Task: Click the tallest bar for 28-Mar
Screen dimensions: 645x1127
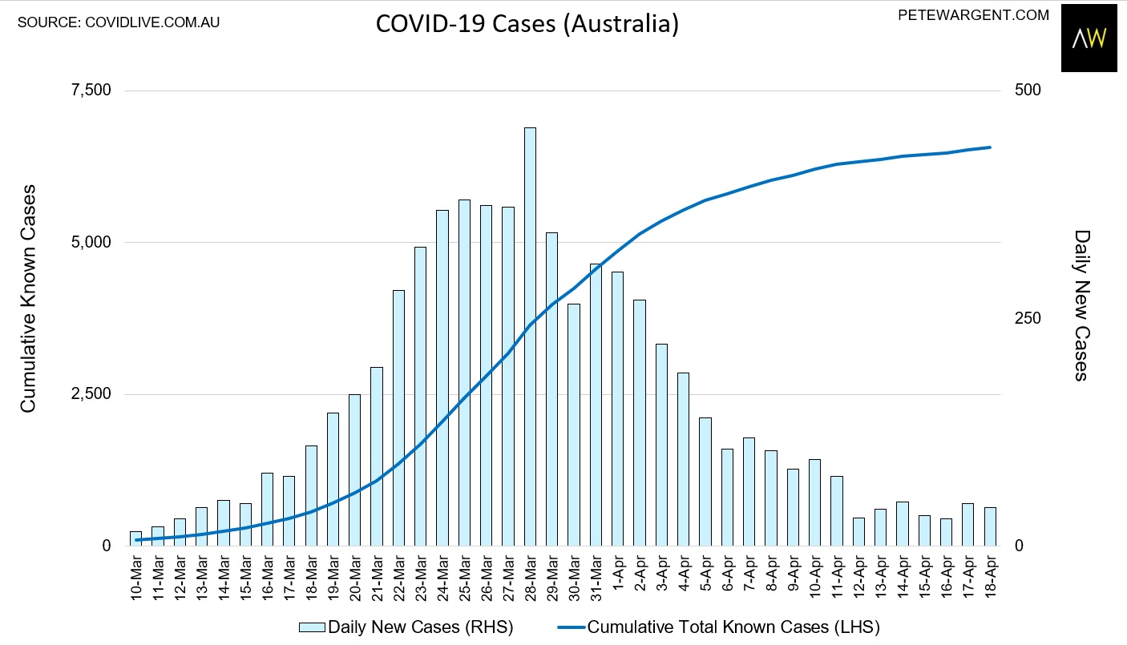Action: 530,337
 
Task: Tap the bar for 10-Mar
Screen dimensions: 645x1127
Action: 135,538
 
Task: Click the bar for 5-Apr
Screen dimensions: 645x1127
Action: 705,482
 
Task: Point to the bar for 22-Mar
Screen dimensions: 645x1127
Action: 398,417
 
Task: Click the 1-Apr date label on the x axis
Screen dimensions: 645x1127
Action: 618,577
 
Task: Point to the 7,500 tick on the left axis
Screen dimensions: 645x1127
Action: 91,90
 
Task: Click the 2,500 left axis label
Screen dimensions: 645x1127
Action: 91,394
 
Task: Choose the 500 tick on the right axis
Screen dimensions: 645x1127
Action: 1028,90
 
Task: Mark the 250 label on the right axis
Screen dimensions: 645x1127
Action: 1028,318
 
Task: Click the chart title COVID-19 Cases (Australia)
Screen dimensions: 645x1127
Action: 527,24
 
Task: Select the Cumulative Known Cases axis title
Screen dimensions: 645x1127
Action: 29,298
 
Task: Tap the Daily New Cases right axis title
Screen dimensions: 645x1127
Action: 1082,304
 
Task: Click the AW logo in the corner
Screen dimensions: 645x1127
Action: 1089,38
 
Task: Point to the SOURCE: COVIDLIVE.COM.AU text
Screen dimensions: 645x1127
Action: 119,22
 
